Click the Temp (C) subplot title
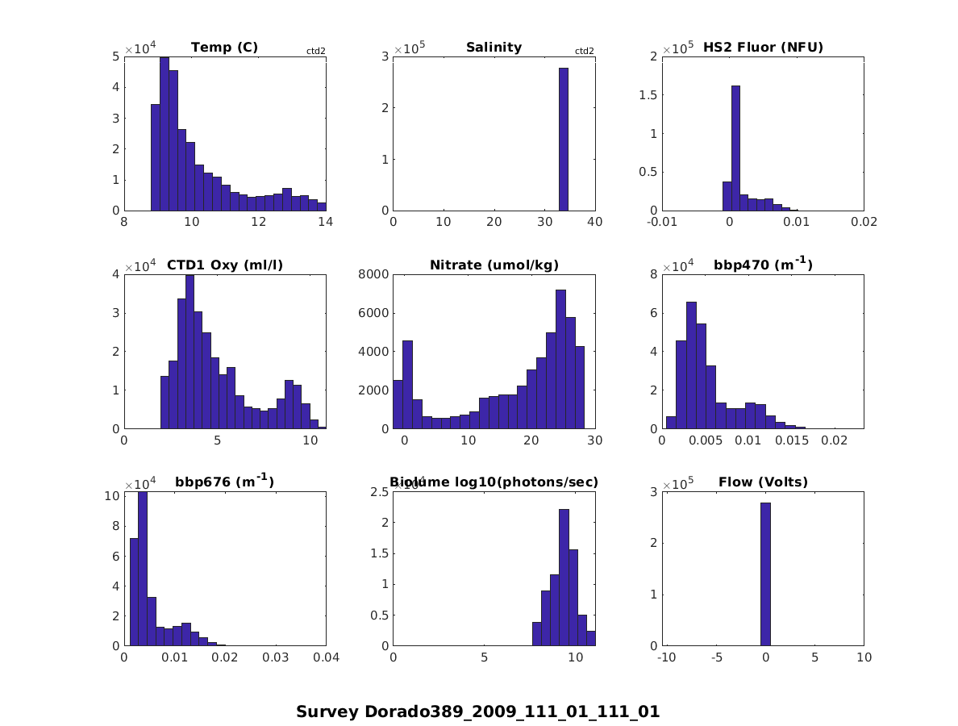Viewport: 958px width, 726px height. click(x=224, y=48)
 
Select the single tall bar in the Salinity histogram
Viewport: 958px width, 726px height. click(x=563, y=139)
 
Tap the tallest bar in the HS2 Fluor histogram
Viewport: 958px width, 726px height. click(x=735, y=148)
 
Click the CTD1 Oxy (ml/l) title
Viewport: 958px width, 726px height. click(x=224, y=265)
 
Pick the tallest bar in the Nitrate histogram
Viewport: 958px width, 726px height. click(x=560, y=359)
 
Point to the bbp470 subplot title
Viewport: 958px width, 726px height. click(x=762, y=265)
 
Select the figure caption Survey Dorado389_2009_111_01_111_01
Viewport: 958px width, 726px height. click(x=477, y=711)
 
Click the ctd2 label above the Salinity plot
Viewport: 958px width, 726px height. click(x=584, y=51)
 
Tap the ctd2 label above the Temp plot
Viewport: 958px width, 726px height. click(x=315, y=51)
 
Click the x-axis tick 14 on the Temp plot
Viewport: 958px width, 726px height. click(x=326, y=223)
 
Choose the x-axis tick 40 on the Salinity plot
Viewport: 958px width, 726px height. click(x=595, y=223)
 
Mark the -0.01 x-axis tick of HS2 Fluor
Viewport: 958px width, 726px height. click(x=661, y=223)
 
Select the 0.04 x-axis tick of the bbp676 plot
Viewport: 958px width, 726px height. click(x=326, y=658)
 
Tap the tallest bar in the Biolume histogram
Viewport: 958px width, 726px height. click(x=564, y=578)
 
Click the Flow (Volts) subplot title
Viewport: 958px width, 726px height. click(x=762, y=482)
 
